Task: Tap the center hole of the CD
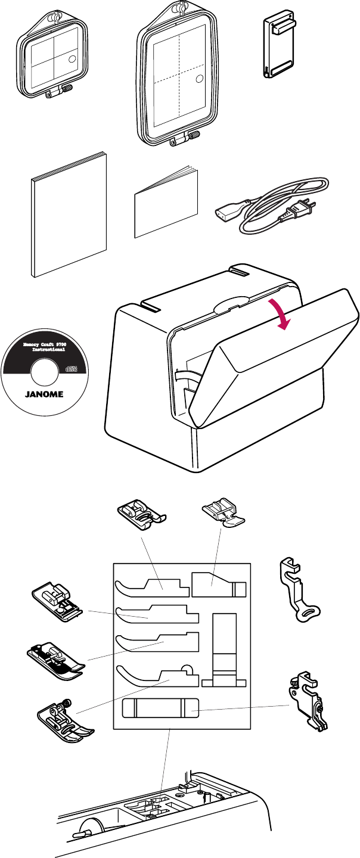click(45, 373)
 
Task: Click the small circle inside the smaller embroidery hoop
click(72, 59)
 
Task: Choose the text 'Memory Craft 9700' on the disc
click(45, 346)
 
